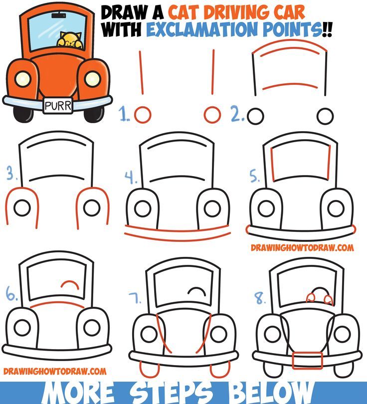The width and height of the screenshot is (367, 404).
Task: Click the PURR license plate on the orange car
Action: (x=58, y=105)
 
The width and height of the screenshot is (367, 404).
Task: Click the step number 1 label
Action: (x=125, y=116)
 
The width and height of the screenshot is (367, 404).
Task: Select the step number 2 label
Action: (x=237, y=116)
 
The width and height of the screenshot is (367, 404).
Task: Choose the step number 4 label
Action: (x=130, y=177)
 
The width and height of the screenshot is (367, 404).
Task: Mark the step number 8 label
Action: (x=260, y=299)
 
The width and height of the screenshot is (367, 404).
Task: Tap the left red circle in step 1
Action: (x=143, y=115)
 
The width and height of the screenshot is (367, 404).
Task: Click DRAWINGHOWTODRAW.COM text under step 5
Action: (x=302, y=247)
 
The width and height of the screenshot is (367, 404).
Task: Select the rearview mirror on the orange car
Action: (x=59, y=16)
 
